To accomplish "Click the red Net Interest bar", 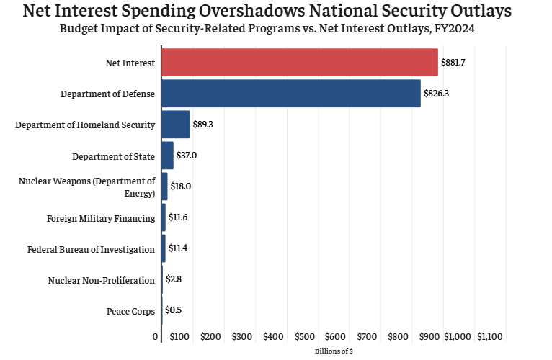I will coord(299,63).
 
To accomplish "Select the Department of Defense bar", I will coord(290,94).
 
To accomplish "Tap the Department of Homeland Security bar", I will coord(175,125).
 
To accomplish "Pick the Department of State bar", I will coord(167,156).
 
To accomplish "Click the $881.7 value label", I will coord(453,63).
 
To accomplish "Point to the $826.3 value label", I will coord(436,94).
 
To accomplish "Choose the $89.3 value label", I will coord(203,125).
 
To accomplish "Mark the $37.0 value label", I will coord(187,156).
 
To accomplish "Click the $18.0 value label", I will coord(181,186).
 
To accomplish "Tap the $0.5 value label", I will coord(173,310).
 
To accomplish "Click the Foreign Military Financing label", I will coord(101,218).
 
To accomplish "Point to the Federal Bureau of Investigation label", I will coord(92,249).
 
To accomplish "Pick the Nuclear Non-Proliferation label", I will coord(102,280).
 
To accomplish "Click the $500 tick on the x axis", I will coord(306,337).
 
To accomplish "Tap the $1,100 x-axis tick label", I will coord(490,337).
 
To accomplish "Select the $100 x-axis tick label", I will coord(180,337).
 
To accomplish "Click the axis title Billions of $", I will coord(334,351).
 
